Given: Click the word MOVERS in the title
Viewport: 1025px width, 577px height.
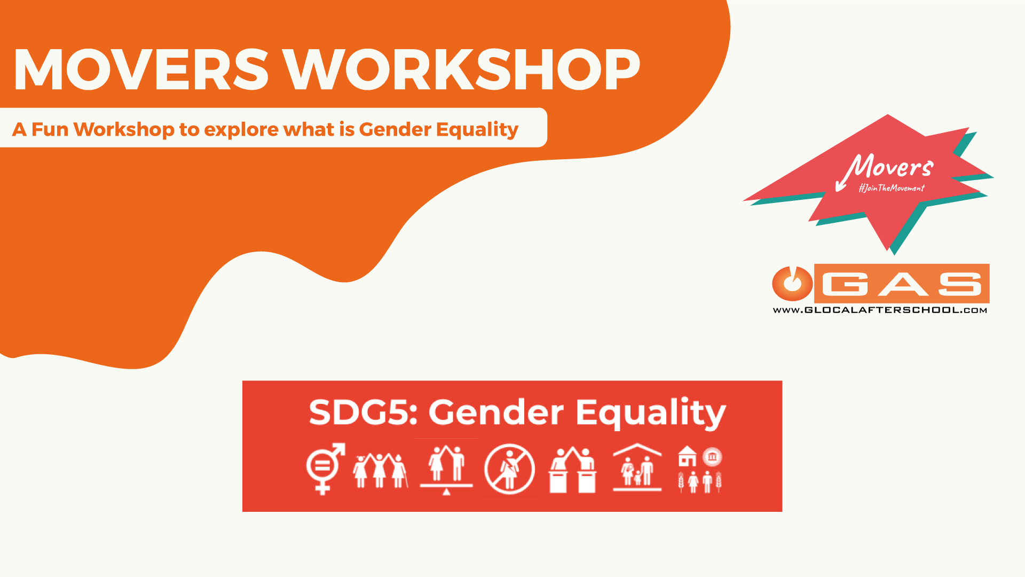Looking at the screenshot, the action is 141,69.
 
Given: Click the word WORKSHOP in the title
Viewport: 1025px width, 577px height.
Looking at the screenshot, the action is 461,69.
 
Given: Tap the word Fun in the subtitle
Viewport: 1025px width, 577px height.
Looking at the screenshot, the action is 50,129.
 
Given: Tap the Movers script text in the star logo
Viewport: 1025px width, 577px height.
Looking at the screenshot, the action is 886,169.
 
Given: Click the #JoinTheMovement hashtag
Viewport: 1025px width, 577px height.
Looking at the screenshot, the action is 892,188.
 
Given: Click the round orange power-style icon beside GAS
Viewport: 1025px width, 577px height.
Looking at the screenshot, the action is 792,283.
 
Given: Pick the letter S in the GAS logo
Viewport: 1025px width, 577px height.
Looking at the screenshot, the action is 960,284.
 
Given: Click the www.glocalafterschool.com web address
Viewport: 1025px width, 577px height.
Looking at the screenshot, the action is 880,310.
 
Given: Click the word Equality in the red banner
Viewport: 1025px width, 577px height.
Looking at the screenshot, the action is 651,414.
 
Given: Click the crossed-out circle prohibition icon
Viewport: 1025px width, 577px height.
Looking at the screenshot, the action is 509,469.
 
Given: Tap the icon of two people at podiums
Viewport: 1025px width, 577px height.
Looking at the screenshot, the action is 572,470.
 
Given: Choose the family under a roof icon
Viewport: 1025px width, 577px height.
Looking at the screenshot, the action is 637,467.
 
